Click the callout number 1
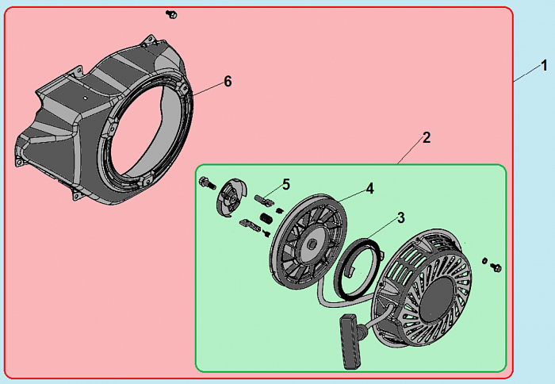coord(544,66)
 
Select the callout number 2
coord(427,138)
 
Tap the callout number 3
coord(400,218)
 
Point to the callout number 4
coord(370,189)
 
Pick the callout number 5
coord(286,184)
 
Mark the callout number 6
coord(228,82)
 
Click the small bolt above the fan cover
coord(171,14)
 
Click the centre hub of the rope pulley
coord(312,244)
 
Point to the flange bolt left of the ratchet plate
coord(208,182)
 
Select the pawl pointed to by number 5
coord(264,200)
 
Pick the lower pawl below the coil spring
coord(250,225)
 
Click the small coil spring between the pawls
coord(266,218)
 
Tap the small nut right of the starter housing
coord(484,261)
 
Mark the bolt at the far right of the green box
coord(496,267)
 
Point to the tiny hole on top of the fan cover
coord(85,97)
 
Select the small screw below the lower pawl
coord(267,232)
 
